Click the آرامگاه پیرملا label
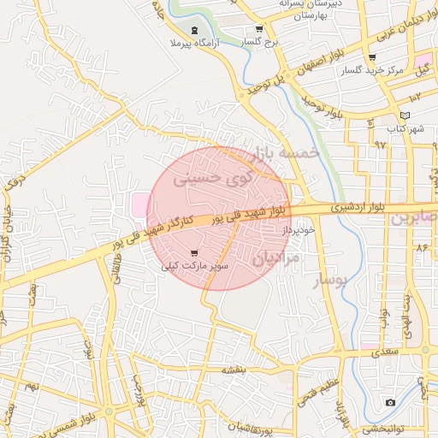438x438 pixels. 195,42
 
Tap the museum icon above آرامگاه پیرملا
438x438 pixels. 195,30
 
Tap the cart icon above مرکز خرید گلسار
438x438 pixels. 371,59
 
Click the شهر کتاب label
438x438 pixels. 404,128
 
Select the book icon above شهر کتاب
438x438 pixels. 405,115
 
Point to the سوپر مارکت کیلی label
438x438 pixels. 197,266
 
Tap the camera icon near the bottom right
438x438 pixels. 390,402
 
